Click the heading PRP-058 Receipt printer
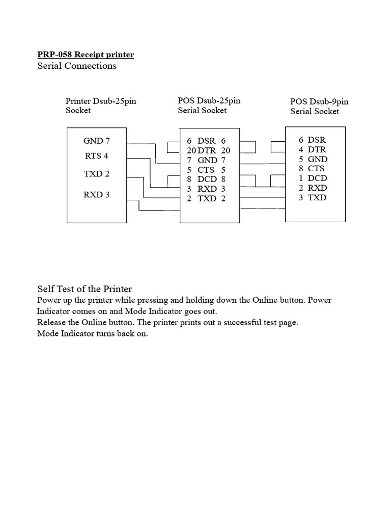tap(86, 55)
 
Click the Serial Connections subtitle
tap(77, 66)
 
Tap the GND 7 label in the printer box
tap(97, 141)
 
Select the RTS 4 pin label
tap(96, 156)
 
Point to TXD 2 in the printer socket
tap(97, 174)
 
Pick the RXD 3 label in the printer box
tap(97, 194)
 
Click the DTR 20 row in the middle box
tap(208, 150)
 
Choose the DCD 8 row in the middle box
tap(206, 179)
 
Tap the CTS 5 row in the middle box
tap(206, 169)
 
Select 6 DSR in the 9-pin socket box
tap(312, 140)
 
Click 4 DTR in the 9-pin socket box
tap(312, 149)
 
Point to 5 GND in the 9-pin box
tap(313, 159)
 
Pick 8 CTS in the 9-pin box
tap(312, 168)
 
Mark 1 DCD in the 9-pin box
tap(313, 178)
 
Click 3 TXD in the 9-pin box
tap(313, 197)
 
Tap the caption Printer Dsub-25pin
tap(101, 101)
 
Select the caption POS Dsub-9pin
tap(319, 102)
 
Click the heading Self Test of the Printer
tap(85, 289)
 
